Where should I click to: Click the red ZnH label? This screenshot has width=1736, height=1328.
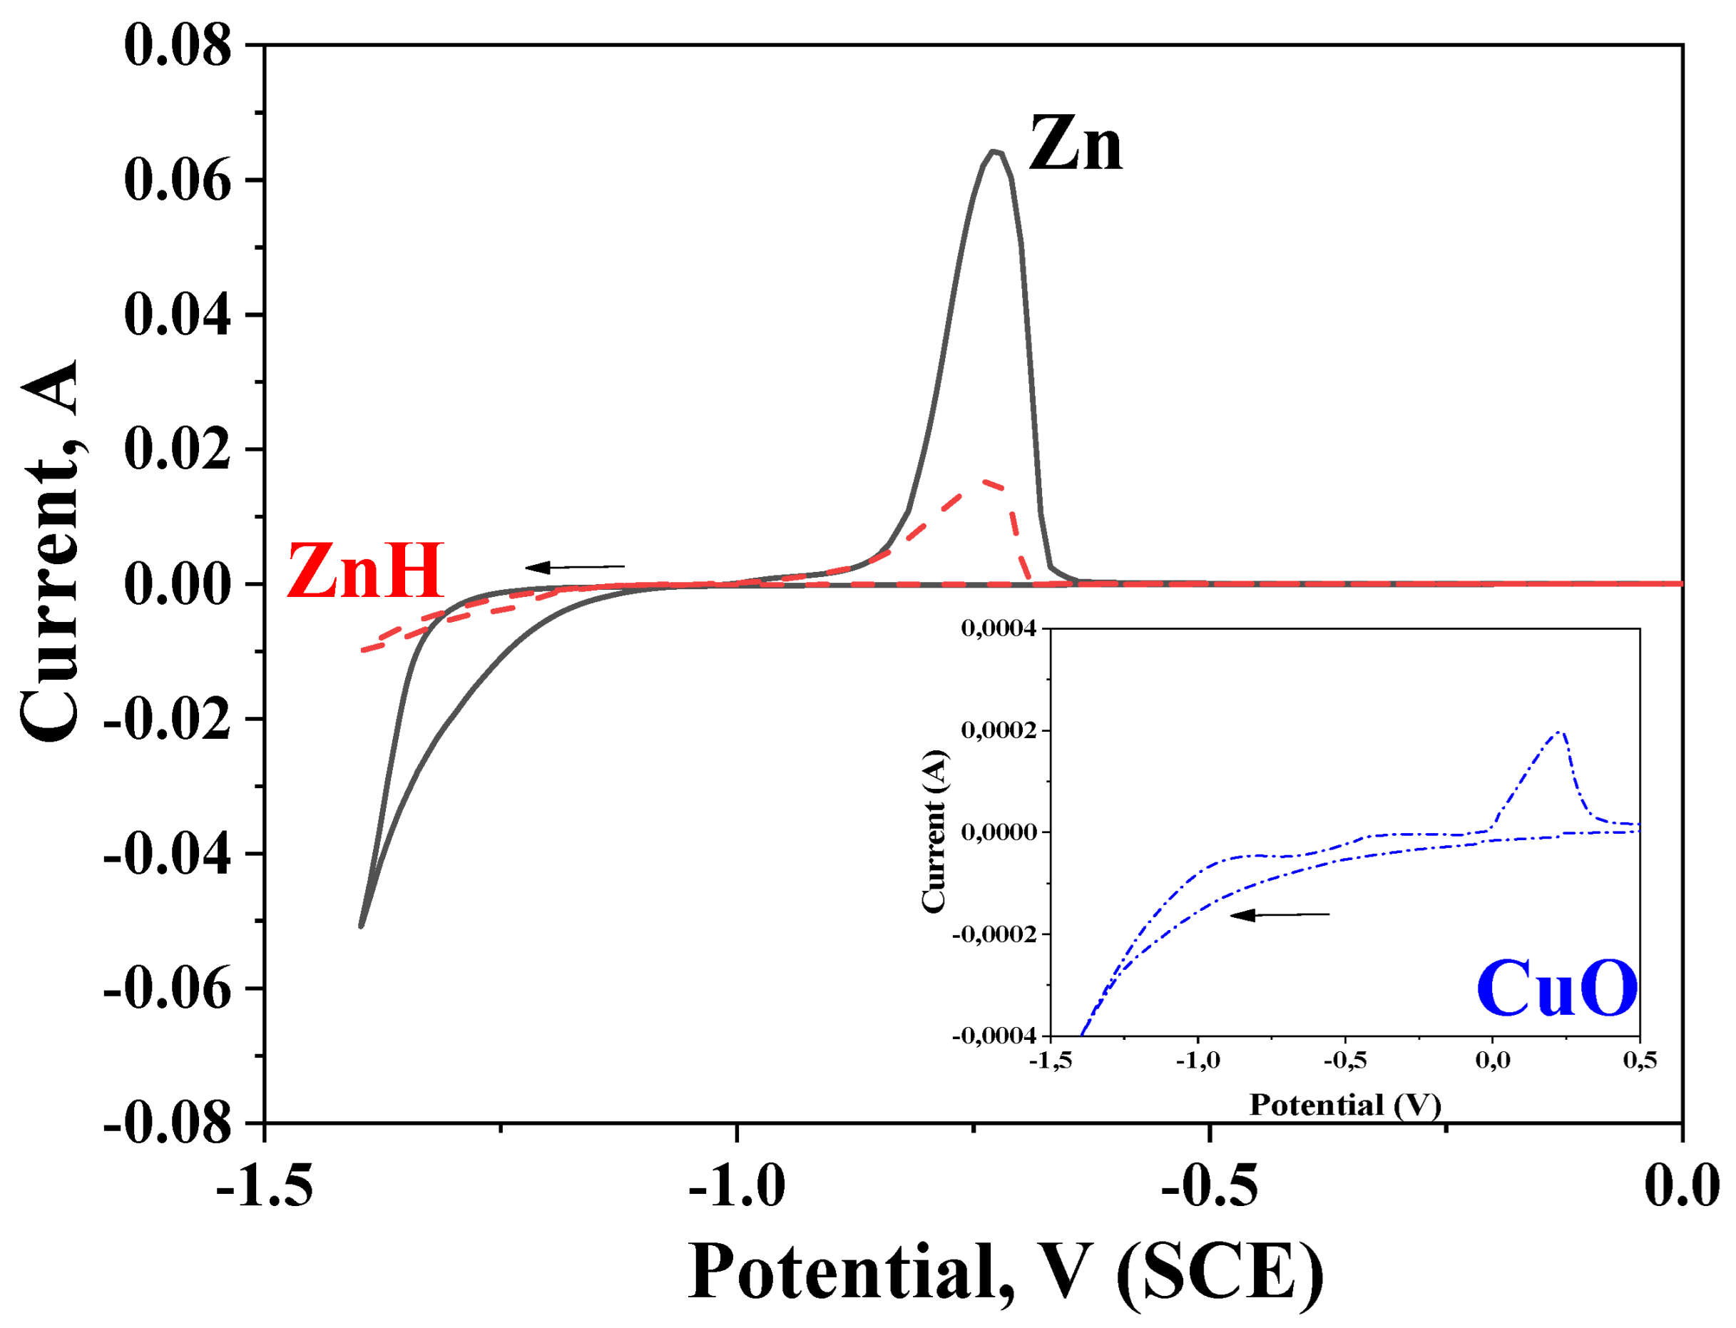click(x=364, y=571)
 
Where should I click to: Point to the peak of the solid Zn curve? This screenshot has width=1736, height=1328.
click(x=995, y=151)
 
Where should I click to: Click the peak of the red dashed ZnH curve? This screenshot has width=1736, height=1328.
click(x=984, y=481)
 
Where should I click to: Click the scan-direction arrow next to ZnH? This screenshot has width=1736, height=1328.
click(x=575, y=567)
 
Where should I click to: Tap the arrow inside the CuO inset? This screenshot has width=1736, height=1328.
click(x=1280, y=915)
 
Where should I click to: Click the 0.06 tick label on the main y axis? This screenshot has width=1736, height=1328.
click(x=178, y=180)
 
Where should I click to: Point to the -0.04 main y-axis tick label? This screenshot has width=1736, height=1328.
click(x=168, y=854)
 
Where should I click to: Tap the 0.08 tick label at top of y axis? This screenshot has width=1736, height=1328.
click(x=178, y=45)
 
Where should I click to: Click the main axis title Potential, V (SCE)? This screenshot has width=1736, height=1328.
click(x=1006, y=1272)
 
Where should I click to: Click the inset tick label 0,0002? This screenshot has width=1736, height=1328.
click(x=997, y=730)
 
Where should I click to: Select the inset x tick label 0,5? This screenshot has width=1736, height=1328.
click(x=1639, y=1060)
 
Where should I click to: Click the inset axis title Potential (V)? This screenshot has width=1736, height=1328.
click(x=1344, y=1104)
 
